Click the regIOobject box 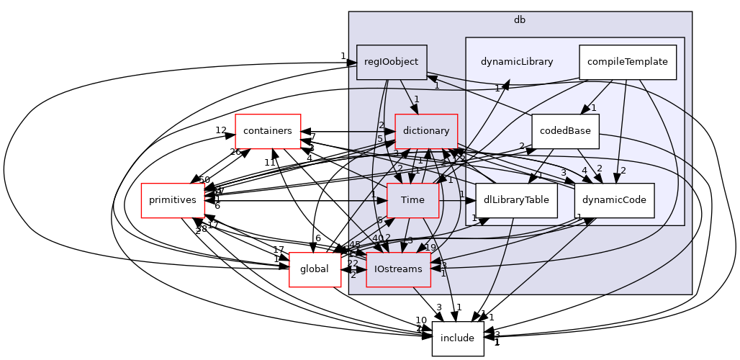click(392, 62)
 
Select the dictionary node click(426, 131)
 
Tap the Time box click(412, 200)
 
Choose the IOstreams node click(398, 269)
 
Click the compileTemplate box click(627, 62)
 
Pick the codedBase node click(565, 131)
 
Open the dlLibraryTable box click(516, 200)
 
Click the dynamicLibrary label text click(517, 62)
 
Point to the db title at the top click(519, 19)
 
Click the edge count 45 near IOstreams click(355, 245)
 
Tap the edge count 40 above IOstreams click(377, 238)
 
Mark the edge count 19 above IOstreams click(430, 248)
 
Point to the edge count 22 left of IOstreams click(353, 264)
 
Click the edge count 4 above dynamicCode click(585, 171)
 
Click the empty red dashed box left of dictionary click(268, 132)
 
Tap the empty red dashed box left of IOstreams click(315, 270)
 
